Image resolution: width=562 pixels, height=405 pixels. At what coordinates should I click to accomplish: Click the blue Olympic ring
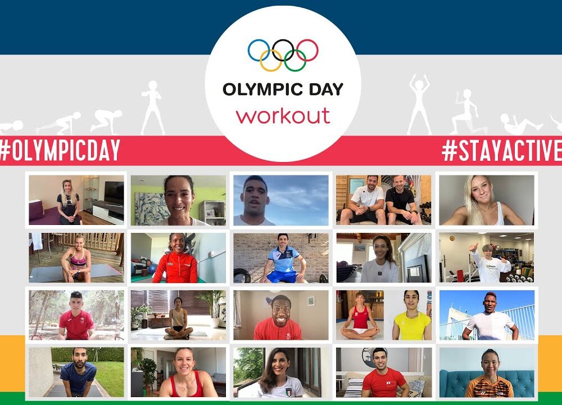click(x=249, y=50)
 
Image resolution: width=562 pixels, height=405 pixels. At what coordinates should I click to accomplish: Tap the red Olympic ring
click(x=318, y=50)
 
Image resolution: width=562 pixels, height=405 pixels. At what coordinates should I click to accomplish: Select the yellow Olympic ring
click(x=261, y=60)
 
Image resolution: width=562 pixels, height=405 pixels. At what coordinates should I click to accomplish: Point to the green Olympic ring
click(x=305, y=60)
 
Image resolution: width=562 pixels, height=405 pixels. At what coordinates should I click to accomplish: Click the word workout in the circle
click(x=283, y=115)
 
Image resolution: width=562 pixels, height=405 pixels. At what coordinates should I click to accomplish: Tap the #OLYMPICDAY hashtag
click(x=60, y=150)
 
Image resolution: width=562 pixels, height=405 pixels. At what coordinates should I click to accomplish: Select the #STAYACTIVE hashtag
click(x=501, y=151)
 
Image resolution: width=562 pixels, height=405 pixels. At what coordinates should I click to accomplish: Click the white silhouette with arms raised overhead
click(x=419, y=105)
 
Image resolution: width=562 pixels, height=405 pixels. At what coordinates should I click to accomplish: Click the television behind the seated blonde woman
click(x=114, y=192)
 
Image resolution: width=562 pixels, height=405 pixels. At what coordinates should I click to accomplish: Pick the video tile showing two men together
click(x=383, y=200)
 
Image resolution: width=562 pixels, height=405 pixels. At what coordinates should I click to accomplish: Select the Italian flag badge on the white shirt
click(x=288, y=391)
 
